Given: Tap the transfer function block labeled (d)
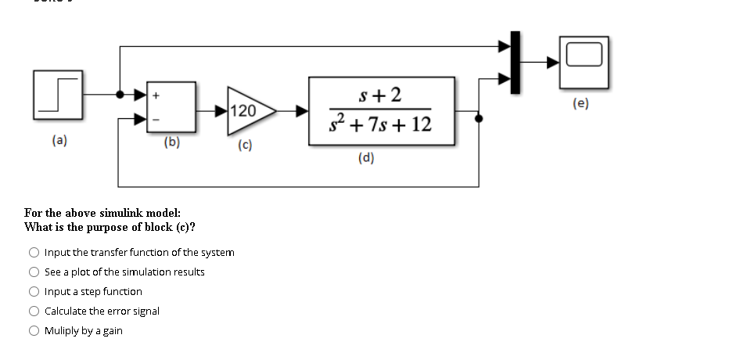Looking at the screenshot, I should [x=381, y=111].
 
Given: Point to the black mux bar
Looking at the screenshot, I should [x=516, y=63].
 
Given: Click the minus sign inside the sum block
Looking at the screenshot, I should [x=156, y=120].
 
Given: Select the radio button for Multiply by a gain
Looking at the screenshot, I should [x=34, y=331].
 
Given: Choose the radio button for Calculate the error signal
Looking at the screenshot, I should [x=34, y=311].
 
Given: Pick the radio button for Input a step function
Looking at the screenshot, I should [x=34, y=292].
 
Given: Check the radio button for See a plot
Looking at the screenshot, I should [x=34, y=272].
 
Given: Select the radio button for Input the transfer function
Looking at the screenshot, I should [x=34, y=253].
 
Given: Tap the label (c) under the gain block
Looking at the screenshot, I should [x=245, y=146].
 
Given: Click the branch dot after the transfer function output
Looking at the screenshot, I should [x=479, y=119].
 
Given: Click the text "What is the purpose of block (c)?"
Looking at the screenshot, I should [x=110, y=228].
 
